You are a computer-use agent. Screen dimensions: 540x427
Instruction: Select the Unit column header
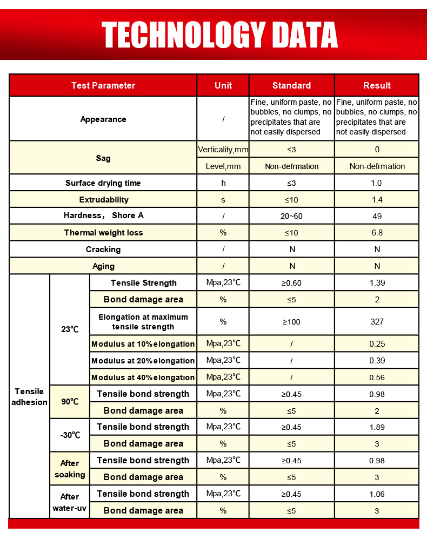tap(223, 85)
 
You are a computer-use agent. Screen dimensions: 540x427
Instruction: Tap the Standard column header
tap(291, 85)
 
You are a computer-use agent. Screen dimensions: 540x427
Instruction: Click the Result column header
tap(377, 85)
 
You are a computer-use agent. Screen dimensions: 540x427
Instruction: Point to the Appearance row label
tap(103, 119)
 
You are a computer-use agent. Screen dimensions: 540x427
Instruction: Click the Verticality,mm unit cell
tap(223, 150)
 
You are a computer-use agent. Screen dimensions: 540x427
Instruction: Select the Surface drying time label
tap(103, 183)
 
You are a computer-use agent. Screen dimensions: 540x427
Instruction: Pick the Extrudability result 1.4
tap(377, 200)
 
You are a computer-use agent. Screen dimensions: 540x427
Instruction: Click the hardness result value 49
tap(377, 217)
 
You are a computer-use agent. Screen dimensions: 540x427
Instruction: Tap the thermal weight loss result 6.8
tap(377, 233)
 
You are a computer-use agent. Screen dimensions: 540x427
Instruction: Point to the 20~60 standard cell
tap(291, 217)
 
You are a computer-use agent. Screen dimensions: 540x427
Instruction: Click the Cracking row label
tap(103, 249)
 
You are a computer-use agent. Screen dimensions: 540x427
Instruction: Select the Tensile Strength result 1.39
tap(377, 283)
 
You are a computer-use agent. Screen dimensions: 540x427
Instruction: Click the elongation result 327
tap(377, 322)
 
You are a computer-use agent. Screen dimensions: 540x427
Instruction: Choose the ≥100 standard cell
tap(291, 322)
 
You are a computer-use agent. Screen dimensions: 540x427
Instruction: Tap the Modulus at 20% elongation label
tap(143, 361)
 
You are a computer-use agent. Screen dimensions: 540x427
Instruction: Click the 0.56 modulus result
tap(377, 377)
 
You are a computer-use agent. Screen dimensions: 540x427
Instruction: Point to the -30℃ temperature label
tap(70, 435)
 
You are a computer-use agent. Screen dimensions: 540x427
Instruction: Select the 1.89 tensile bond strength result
tap(377, 427)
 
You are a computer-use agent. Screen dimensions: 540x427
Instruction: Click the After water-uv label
tap(70, 502)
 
